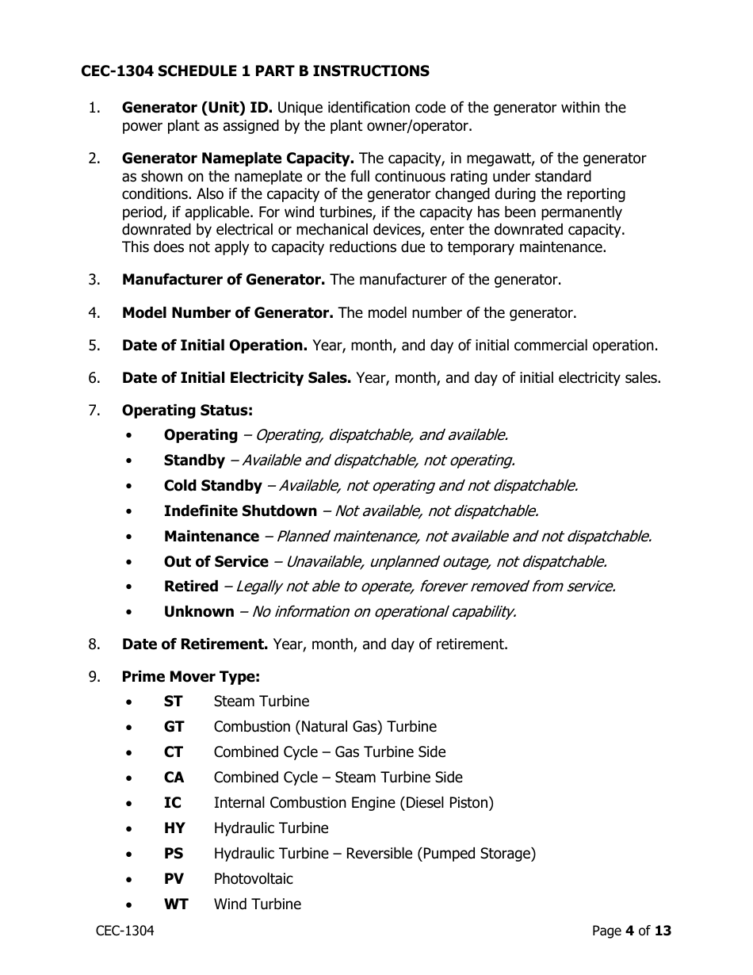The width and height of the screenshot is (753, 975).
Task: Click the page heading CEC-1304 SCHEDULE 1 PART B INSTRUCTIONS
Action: [254, 71]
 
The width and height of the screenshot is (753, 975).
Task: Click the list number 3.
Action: [94, 280]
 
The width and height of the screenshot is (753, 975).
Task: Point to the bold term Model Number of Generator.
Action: [227, 313]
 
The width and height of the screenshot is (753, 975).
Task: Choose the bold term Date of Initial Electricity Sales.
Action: [236, 378]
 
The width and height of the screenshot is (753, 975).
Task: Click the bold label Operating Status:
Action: [187, 411]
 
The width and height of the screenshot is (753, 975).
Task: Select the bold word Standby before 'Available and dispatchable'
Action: [194, 461]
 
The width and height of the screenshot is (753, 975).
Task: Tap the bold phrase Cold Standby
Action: [212, 486]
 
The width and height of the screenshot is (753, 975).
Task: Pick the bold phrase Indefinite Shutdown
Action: [240, 511]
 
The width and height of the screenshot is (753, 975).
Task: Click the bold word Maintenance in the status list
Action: [211, 537]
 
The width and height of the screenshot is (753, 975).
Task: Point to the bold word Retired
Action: [190, 587]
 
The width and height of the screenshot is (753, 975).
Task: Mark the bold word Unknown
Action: [199, 612]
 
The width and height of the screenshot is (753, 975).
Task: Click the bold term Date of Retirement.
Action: [195, 644]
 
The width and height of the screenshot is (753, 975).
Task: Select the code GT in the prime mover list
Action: [174, 727]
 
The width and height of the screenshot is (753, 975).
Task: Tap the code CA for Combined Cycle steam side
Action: [174, 778]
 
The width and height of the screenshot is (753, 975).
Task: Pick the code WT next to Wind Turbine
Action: [176, 904]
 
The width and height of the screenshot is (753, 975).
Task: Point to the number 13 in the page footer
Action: [663, 931]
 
